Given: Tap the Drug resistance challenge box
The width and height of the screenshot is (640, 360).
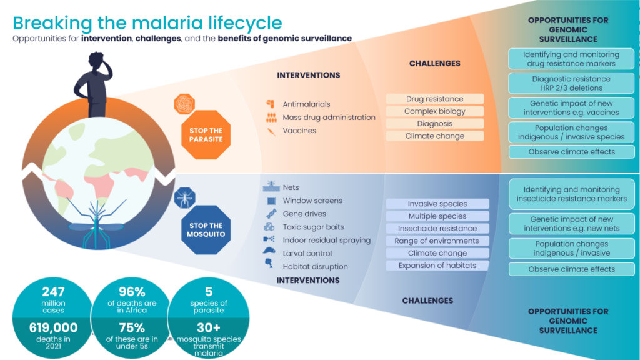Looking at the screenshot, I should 435,99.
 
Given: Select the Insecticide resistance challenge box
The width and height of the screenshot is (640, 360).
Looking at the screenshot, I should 437,229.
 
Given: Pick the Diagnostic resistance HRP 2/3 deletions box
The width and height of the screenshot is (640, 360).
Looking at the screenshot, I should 571,83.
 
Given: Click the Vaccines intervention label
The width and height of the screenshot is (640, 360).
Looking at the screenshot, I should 299,131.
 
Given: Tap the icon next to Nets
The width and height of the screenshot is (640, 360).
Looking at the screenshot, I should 271,187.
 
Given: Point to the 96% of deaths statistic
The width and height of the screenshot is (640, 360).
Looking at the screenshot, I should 132,297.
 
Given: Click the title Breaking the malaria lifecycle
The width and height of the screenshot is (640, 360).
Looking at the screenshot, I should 147,23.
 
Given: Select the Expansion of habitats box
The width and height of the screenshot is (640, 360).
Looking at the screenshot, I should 437,266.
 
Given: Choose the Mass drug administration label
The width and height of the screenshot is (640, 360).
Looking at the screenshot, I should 329,117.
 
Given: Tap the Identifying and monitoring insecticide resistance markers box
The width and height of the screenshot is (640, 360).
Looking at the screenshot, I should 571,194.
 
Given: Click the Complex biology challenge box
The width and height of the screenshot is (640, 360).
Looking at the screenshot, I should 435,111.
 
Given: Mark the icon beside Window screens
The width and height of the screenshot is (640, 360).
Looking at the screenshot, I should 271,201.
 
